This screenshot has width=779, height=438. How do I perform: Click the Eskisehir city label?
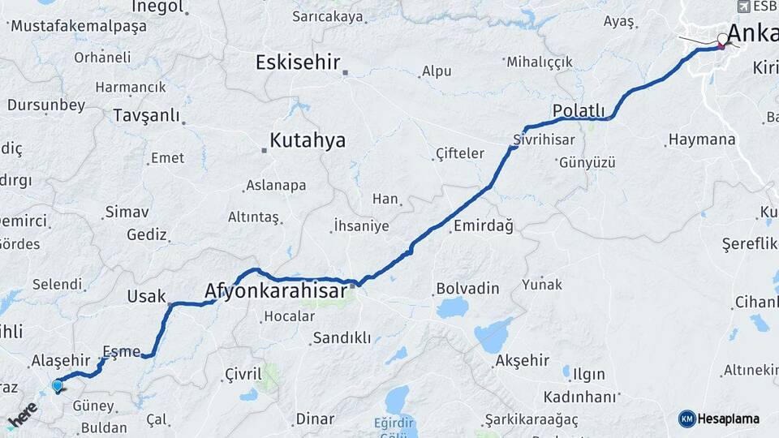coord(298,62)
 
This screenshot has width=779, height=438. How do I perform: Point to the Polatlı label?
coord(579,110)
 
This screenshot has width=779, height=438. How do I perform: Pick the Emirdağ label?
coord(483,226)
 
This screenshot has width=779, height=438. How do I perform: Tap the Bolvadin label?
coord(467,288)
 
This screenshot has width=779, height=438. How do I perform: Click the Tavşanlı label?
coord(146,115)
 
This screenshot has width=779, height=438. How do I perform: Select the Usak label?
coord(146,297)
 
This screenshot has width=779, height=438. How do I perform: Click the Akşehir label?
coord(522,360)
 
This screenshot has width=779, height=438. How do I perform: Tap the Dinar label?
coord(314,419)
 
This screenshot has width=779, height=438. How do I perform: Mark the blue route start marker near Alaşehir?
coord(57,386)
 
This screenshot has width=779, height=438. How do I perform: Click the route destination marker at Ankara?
coord(722,41)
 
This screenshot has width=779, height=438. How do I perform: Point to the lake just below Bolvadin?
coord(452,308)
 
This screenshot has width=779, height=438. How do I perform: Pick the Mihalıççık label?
coord(539,62)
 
